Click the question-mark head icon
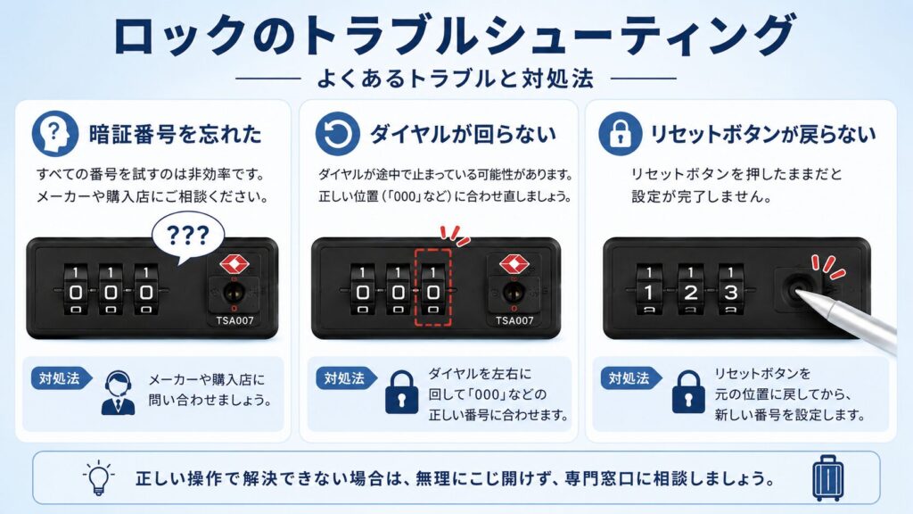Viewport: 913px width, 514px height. click(54, 134)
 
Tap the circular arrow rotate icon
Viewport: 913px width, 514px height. click(337, 134)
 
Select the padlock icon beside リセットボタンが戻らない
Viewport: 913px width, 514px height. click(621, 134)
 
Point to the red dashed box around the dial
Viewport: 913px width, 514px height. click(432, 287)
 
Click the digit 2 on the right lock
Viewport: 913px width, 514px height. click(691, 293)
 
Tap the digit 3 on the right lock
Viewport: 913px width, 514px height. click(731, 293)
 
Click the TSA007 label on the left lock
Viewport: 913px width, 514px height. click(234, 320)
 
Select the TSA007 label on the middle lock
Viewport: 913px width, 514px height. click(514, 320)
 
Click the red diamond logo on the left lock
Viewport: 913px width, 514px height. click(234, 264)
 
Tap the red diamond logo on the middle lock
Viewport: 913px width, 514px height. click(514, 264)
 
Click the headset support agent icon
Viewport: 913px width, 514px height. click(119, 393)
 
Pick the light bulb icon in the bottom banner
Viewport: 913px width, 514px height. click(98, 478)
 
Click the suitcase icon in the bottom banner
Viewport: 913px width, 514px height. click(827, 478)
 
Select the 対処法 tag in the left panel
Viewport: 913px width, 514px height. click(61, 378)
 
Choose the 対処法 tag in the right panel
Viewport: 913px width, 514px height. click(630, 378)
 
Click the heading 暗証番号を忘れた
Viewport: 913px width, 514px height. click(176, 134)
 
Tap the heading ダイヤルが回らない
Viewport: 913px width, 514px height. click(464, 134)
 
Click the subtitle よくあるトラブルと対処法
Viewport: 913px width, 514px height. click(456, 79)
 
